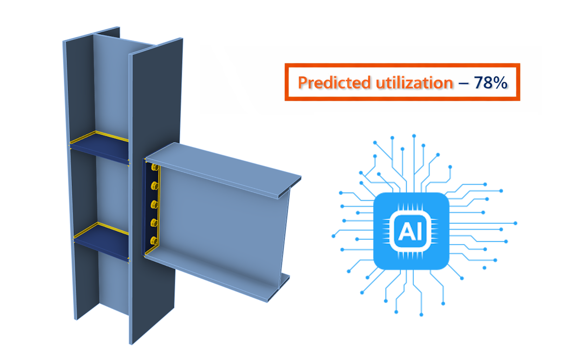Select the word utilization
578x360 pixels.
[x=413, y=82]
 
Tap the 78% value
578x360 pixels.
[x=490, y=82]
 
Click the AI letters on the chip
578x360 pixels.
[x=411, y=230]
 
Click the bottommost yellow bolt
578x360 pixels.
[x=154, y=240]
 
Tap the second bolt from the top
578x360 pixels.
[x=155, y=186]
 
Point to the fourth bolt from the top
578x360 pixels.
[x=155, y=222]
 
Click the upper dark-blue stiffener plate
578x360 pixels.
[x=100, y=150]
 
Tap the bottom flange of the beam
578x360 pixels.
[x=217, y=274]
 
